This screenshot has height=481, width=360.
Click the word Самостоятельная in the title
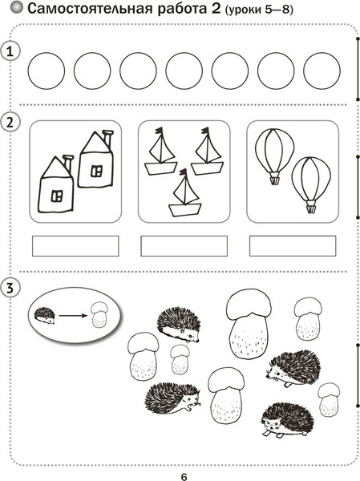pyautogui.click(x=91, y=9)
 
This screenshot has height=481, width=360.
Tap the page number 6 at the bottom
pyautogui.click(x=184, y=477)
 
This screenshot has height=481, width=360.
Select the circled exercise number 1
pyautogui.click(x=10, y=51)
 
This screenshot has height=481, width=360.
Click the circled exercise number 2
pyautogui.click(x=10, y=123)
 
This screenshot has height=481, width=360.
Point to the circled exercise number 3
pyautogui.click(x=10, y=289)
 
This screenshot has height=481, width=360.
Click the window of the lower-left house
pyautogui.click(x=57, y=196)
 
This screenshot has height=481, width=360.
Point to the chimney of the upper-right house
pyautogui.click(x=107, y=138)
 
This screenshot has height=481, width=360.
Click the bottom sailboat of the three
pyautogui.click(x=184, y=193)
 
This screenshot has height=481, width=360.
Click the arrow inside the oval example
pyautogui.click(x=73, y=315)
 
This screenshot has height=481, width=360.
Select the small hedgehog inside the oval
pyautogui.click(x=45, y=316)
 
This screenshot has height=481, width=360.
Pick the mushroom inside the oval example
pyautogui.click(x=99, y=315)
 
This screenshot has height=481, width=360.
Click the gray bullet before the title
pyautogui.click(x=17, y=8)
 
